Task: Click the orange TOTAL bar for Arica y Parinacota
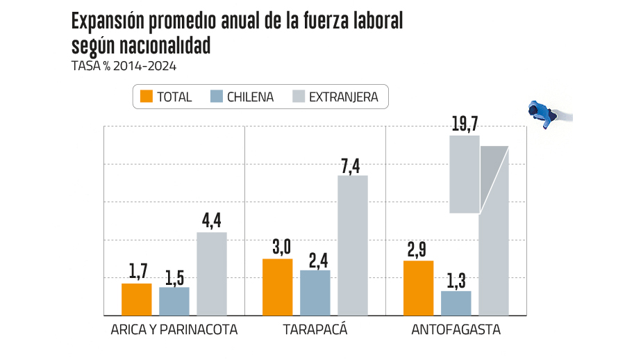[136, 299]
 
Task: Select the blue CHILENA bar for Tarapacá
[315, 292]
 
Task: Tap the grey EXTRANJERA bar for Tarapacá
[352, 245]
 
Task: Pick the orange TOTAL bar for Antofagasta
[418, 288]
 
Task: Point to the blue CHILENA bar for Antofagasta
[456, 302]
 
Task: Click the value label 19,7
[465, 124]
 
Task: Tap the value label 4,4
[212, 222]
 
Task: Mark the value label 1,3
[456, 281]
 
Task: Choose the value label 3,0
[278, 247]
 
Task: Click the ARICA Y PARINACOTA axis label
[174, 330]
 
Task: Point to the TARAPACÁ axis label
[315, 330]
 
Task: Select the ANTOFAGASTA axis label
[456, 330]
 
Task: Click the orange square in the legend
[146, 97]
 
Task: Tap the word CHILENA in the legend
[250, 97]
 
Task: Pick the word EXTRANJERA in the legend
[343, 97]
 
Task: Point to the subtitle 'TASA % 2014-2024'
[124, 67]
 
